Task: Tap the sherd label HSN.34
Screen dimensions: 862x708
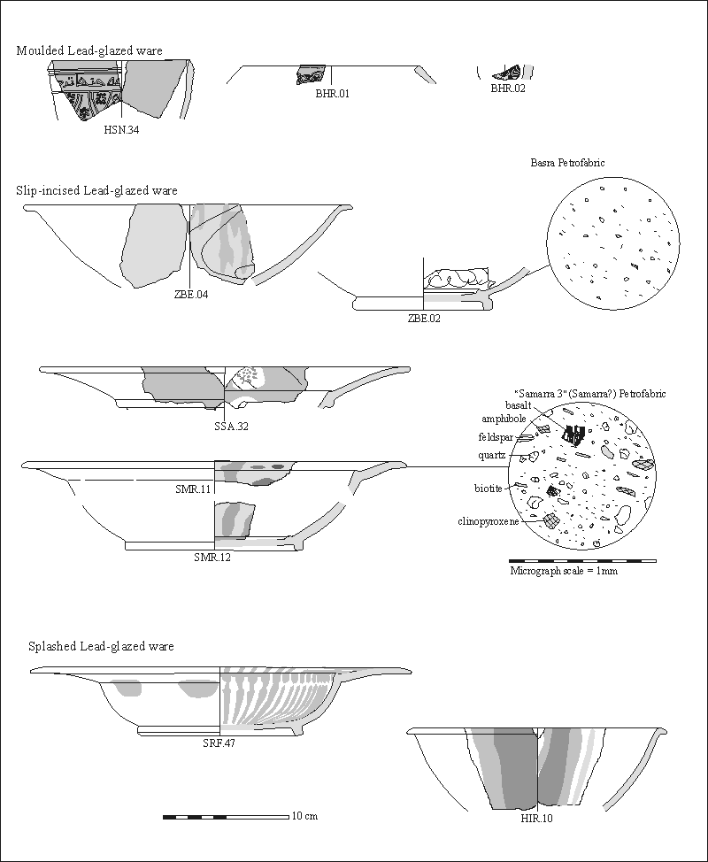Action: click(x=121, y=130)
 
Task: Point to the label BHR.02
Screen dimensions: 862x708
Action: click(x=508, y=89)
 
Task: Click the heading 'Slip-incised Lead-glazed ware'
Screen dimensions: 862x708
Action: click(x=96, y=190)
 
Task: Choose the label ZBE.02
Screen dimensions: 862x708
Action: click(x=423, y=319)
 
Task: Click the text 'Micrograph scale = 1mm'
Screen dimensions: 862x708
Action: click(x=564, y=571)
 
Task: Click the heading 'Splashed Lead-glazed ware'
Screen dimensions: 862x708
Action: click(x=101, y=647)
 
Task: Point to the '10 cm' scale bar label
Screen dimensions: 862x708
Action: click(x=304, y=816)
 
